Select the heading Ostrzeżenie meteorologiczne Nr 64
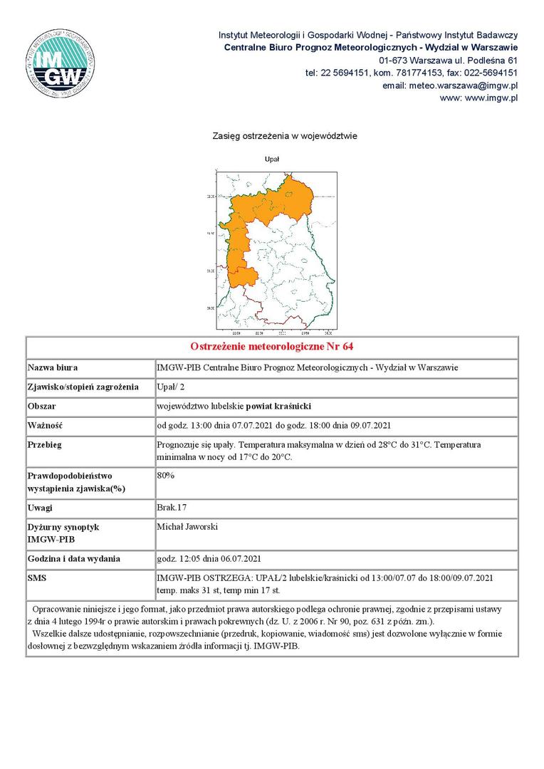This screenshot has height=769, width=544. pyautogui.click(x=272, y=347)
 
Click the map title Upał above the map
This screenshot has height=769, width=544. pyautogui.click(x=271, y=159)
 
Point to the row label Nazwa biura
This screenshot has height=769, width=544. pyautogui.click(x=52, y=368)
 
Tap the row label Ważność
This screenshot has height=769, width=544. pyautogui.click(x=45, y=426)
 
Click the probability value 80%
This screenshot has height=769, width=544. pyautogui.click(x=165, y=475)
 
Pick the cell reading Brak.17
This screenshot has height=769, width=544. pyautogui.click(x=171, y=508)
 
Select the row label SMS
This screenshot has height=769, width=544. pyautogui.click(x=37, y=577)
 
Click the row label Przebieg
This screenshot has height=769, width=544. pyautogui.click(x=44, y=445)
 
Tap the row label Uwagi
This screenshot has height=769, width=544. pyautogui.click(x=40, y=508)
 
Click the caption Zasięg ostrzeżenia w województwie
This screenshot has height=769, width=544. pyautogui.click(x=284, y=135)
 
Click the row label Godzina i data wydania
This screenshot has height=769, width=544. pyautogui.click(x=74, y=559)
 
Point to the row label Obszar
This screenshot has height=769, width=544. pyautogui.click(x=41, y=407)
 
